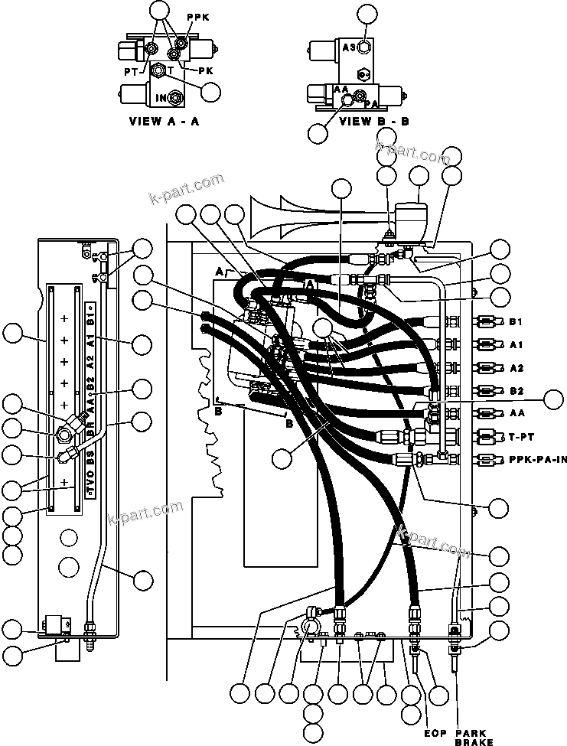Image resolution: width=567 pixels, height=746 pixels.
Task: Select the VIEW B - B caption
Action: point(374,121)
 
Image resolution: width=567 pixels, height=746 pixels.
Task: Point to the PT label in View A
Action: point(130,70)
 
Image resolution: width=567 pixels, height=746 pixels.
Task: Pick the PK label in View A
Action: point(204,70)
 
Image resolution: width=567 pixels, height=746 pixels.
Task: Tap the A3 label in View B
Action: point(349,47)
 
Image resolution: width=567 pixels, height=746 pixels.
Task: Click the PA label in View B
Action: point(371,103)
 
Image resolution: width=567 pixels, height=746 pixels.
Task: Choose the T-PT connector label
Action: point(520,436)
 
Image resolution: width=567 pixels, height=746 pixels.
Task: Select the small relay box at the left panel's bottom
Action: point(54,623)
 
